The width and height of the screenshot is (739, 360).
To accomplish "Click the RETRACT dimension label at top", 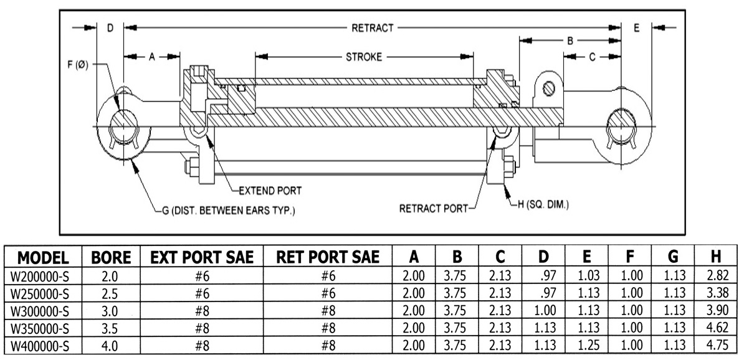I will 373,27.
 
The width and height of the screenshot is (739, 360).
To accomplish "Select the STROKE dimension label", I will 364,57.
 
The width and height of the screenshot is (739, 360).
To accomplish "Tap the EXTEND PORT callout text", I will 270,191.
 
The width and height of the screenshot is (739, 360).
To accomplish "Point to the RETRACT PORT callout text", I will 432,208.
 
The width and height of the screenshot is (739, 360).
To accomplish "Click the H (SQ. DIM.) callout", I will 540,204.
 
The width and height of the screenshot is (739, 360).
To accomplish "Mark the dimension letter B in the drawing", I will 569,40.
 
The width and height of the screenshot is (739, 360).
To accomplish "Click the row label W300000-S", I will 42,315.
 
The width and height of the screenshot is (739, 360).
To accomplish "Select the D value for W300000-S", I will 544,315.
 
